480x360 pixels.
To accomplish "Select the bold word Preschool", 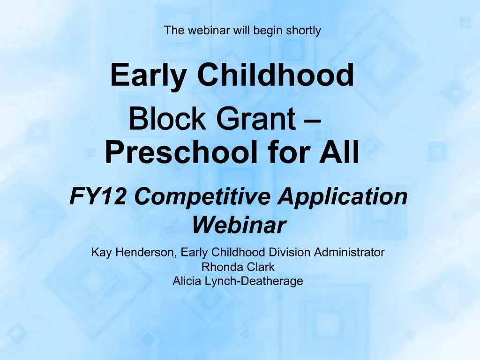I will point(182,152).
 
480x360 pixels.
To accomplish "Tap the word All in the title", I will point(339,152).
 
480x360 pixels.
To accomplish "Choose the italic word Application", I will point(342,196).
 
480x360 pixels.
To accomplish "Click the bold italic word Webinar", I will point(239,225).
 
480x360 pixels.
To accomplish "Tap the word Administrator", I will point(349,253).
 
